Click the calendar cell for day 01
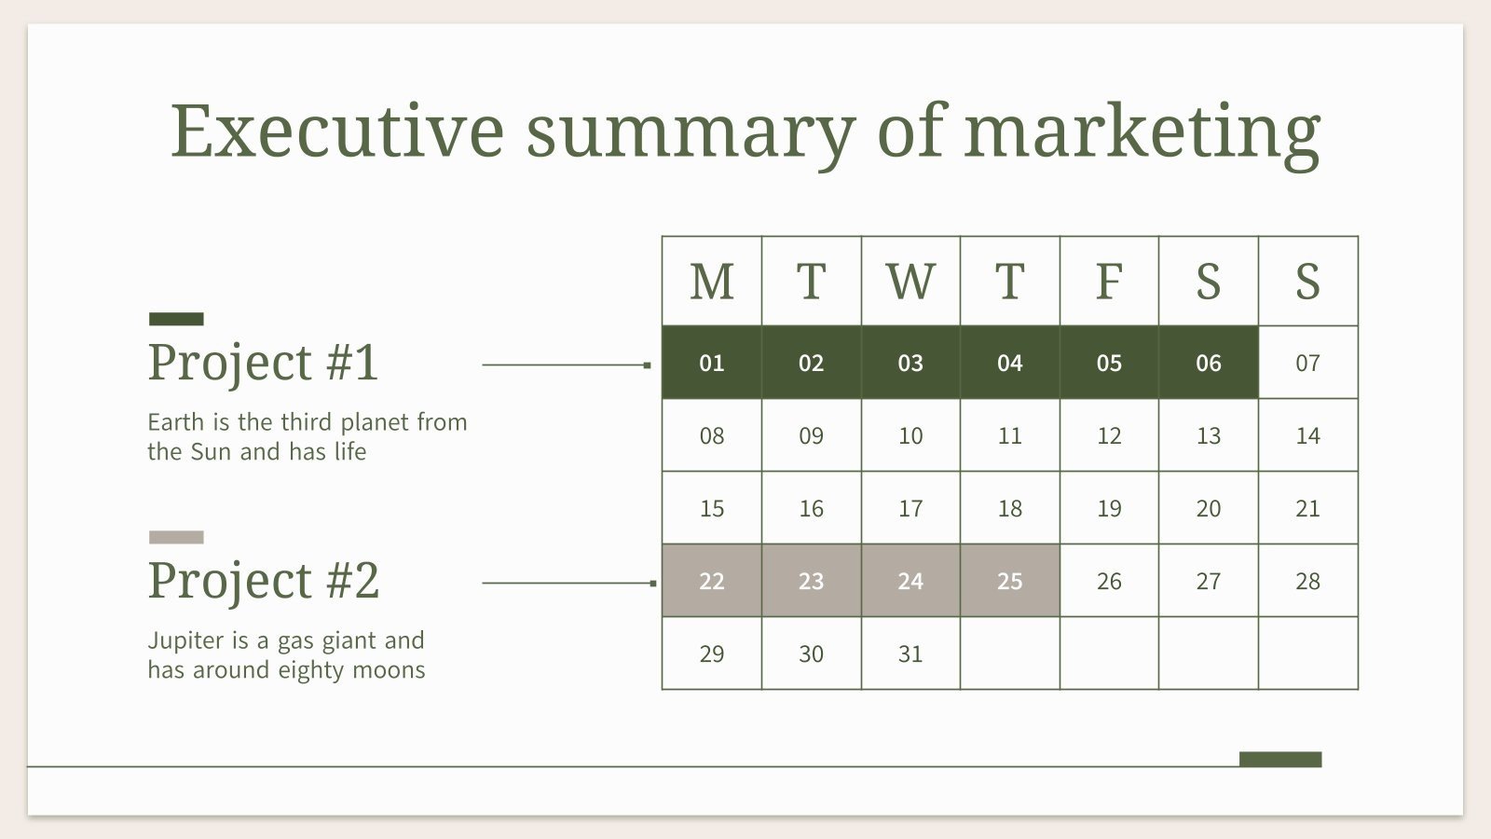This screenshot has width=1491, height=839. click(711, 363)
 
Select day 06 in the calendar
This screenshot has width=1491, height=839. click(1208, 363)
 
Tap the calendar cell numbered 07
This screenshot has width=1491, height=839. click(1307, 363)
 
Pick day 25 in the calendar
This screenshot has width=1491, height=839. click(1009, 581)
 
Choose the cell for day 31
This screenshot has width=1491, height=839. click(910, 653)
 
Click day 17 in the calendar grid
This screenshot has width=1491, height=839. click(910, 508)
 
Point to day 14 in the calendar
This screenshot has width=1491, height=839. click(1307, 435)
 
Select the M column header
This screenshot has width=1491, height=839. click(711, 282)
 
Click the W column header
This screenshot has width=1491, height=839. click(910, 282)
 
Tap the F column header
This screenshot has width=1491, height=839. click(1108, 282)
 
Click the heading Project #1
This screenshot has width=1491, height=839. click(263, 362)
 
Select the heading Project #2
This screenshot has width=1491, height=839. click(263, 580)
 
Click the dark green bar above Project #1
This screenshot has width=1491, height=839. click(176, 319)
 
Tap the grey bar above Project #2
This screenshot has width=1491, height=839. click(176, 537)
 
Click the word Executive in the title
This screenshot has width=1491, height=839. click(336, 130)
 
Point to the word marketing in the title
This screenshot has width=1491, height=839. click(1142, 131)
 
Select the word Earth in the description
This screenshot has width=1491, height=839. click(175, 422)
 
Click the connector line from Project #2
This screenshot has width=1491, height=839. click(567, 583)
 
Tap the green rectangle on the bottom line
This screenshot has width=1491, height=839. click(1279, 759)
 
